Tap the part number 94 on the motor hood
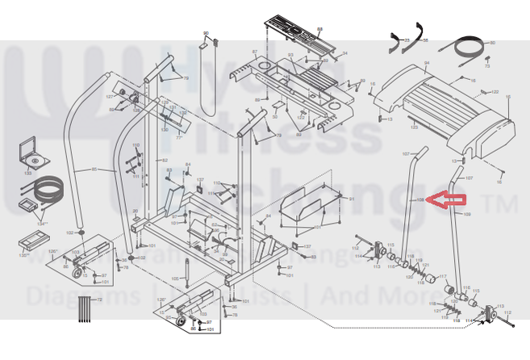[x=427, y=63]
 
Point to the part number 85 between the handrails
[x=94, y=170]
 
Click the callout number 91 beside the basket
[x=352, y=199]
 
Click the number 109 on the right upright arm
[x=466, y=215]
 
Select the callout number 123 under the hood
[x=413, y=128]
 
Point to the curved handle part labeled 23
[x=396, y=44]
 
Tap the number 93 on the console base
[x=290, y=55]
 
